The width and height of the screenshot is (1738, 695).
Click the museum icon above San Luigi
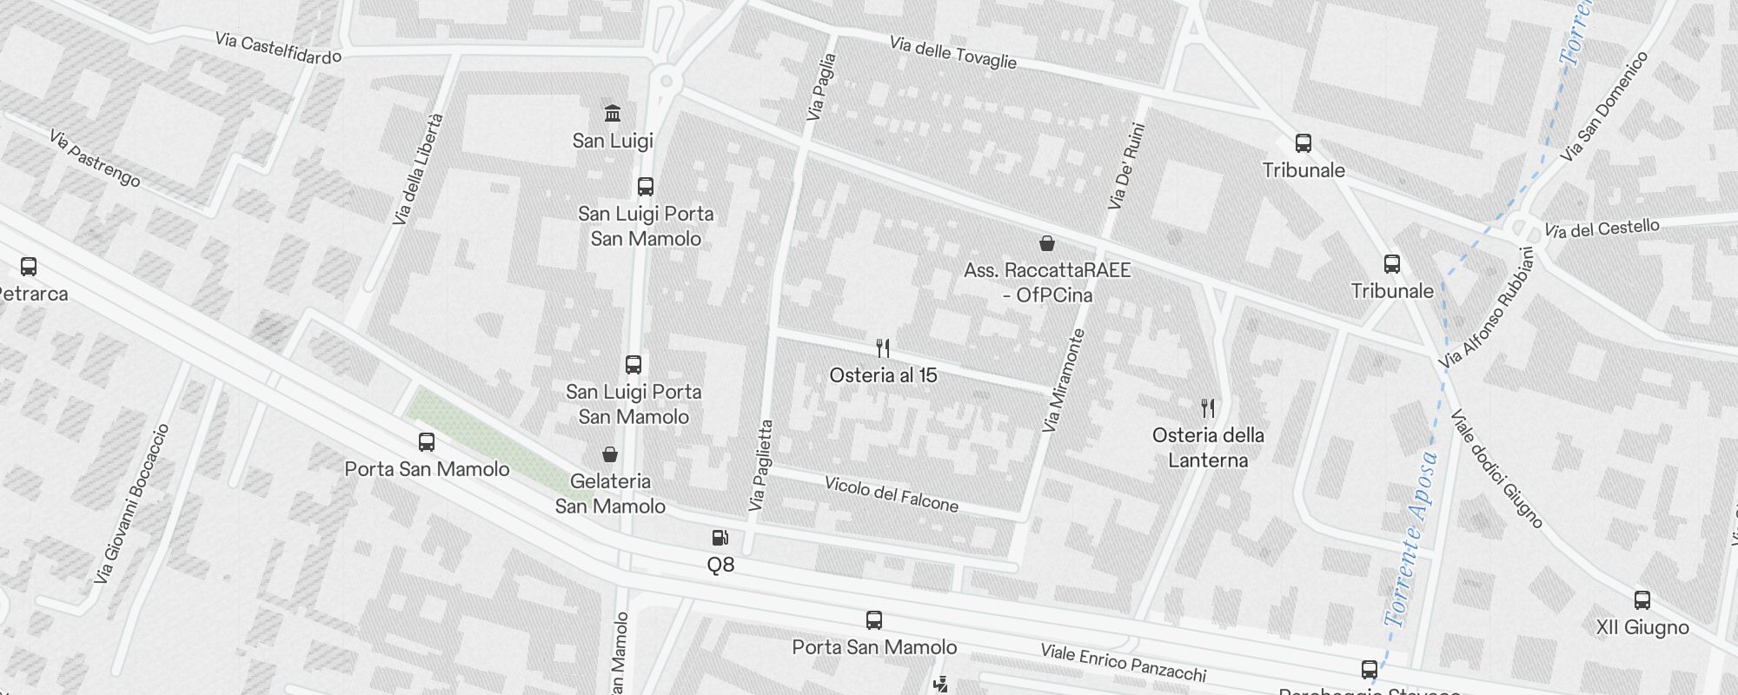pos(613,114)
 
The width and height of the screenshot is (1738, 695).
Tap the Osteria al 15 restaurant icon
pos(883,349)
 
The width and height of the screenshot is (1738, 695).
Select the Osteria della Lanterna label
pos(1208,447)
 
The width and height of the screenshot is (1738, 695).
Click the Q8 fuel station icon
pos(720,539)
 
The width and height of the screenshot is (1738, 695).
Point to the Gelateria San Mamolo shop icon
pos(610,454)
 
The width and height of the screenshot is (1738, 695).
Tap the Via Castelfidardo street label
pos(278,49)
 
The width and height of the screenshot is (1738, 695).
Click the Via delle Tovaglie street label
pos(952,52)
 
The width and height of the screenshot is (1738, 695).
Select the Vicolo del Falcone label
pos(892,494)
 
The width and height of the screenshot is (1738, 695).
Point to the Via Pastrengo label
pos(94,158)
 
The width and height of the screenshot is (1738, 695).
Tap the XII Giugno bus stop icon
pos(1642,600)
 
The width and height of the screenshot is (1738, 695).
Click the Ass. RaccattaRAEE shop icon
pos(1047,243)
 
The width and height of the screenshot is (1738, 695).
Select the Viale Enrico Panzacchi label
pos(1124,663)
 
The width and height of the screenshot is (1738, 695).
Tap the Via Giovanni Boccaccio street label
pos(132,504)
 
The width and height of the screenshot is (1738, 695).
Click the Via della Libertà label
pos(418,169)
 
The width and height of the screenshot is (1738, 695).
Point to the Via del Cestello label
pos(1602,229)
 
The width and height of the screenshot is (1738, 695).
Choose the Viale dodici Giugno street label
pos(1496,469)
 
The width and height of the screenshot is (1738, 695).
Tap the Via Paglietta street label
pos(760,466)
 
